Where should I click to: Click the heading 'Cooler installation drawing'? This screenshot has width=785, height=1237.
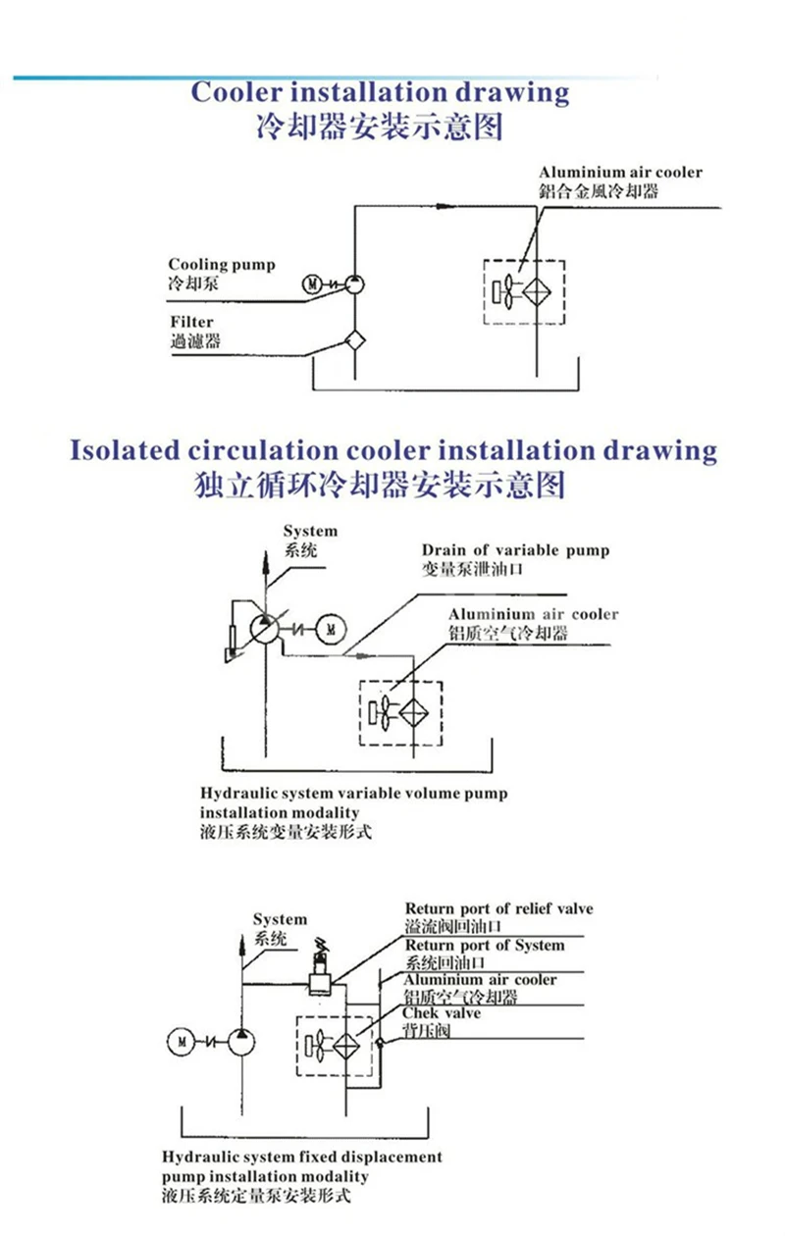(x=380, y=93)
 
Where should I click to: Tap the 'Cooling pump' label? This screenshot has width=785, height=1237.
(x=222, y=265)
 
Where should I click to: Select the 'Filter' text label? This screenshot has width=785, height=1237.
(x=190, y=322)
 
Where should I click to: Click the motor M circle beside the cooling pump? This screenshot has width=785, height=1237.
(x=311, y=285)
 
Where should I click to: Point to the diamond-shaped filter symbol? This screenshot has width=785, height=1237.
(x=353, y=341)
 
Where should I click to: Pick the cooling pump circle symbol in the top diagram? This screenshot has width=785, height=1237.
(x=354, y=284)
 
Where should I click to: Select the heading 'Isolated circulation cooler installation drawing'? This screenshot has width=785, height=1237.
(x=392, y=450)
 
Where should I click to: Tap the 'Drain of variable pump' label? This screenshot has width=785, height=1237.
(x=515, y=550)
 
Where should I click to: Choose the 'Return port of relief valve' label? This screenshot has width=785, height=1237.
(x=498, y=909)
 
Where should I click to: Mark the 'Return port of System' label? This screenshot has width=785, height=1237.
(x=485, y=946)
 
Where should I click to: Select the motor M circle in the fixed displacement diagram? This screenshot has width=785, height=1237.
(x=179, y=1038)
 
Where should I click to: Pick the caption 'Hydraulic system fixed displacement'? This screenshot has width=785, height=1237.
(x=302, y=1158)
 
